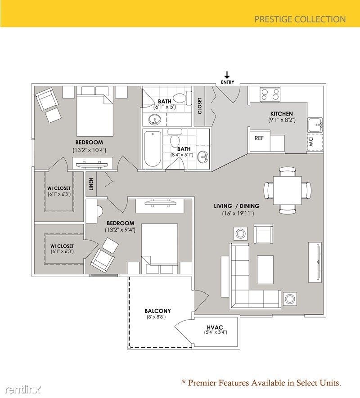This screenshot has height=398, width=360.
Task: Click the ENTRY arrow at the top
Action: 227,75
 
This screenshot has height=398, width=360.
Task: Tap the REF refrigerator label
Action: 259,138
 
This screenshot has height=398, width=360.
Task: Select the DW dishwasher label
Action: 310,143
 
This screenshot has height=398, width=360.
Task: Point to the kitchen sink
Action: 315,125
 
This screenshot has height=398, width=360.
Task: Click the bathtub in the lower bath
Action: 152,149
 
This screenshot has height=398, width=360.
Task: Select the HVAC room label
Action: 216,326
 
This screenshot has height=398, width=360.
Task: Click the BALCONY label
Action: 157,311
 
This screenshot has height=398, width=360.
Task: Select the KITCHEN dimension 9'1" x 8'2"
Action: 282,120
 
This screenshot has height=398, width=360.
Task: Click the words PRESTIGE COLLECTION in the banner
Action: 300,19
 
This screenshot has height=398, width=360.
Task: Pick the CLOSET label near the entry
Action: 200,106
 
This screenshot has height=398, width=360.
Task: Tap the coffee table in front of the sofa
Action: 265,270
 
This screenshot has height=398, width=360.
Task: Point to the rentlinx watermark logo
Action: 20,388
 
